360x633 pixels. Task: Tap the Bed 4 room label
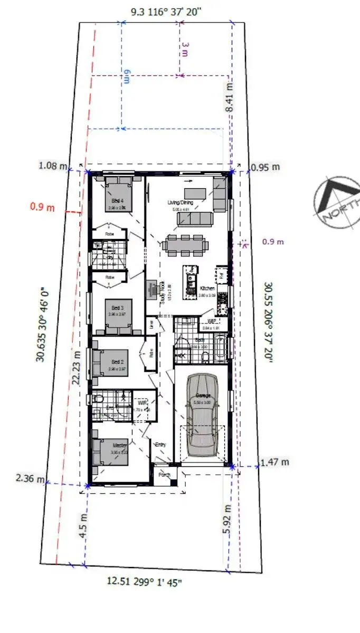[117, 202]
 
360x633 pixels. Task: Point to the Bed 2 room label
[117, 362]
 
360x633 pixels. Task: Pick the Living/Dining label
[180, 203]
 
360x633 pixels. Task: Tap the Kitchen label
[207, 289]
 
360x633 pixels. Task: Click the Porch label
[164, 475]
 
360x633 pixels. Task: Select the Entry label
[160, 445]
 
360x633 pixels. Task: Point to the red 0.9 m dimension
[42, 207]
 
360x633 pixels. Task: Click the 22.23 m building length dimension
[77, 367]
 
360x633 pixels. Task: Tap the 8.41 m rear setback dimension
[229, 97]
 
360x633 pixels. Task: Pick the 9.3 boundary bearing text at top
[166, 11]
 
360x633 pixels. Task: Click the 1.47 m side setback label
[274, 463]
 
